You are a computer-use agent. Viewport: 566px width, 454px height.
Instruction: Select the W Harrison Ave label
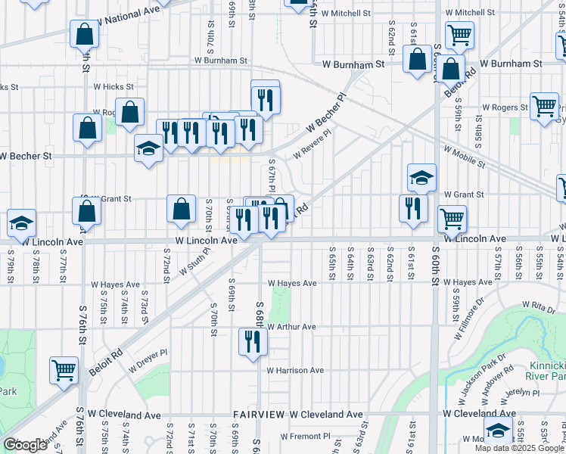[x=294, y=370]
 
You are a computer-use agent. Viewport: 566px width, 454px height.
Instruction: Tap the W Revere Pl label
[x=313, y=142]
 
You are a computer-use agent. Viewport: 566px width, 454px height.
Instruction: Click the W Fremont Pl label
[x=306, y=437]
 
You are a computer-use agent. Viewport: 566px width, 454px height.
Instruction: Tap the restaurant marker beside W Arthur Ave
[x=253, y=341]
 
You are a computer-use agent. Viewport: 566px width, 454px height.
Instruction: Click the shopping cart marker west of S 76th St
[x=64, y=371]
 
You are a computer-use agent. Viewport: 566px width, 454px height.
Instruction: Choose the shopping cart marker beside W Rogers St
[x=544, y=107]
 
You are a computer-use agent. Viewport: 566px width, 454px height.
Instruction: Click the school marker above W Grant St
[x=422, y=178]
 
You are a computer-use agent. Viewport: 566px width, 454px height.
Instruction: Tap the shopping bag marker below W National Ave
[x=84, y=34]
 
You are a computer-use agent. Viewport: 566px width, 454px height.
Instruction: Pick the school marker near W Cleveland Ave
[x=498, y=431]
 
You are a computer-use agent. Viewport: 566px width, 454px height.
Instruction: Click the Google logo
[x=25, y=445]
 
